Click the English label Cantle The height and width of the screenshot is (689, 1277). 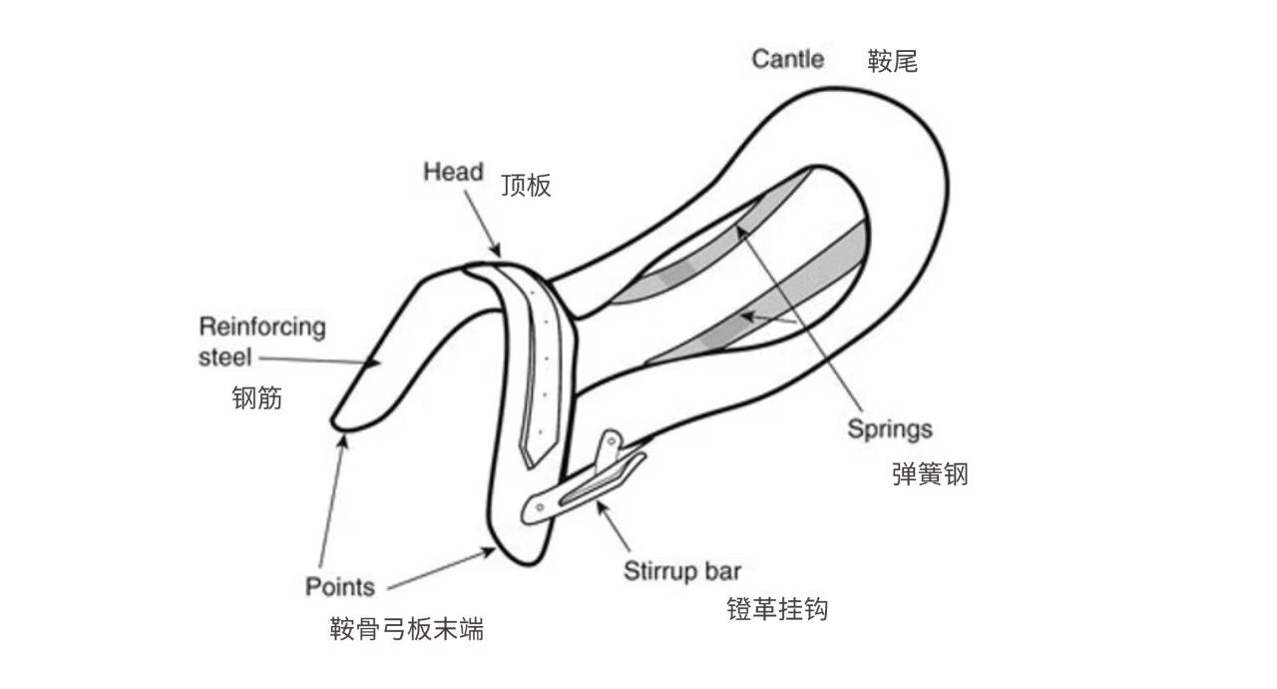pos(787,59)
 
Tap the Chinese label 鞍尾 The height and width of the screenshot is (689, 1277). pos(892,62)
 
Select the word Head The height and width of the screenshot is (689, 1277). pos(453,172)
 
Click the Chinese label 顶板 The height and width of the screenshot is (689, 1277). pos(526,186)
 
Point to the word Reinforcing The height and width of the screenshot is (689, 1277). pos(262,327)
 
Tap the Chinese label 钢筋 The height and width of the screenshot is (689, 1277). pos(257,398)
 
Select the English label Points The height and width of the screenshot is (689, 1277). pos(340,586)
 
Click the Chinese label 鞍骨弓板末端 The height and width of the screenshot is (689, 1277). pos(407,629)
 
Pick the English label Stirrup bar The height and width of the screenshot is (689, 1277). pos(682,572)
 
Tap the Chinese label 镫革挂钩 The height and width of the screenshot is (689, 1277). pos(778,609)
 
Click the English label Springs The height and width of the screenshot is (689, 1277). pos(890,429)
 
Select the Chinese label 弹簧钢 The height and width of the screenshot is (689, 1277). pos(930,473)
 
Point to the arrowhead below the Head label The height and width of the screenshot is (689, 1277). pos(496,251)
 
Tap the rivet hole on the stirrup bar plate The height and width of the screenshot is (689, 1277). pos(540,509)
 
